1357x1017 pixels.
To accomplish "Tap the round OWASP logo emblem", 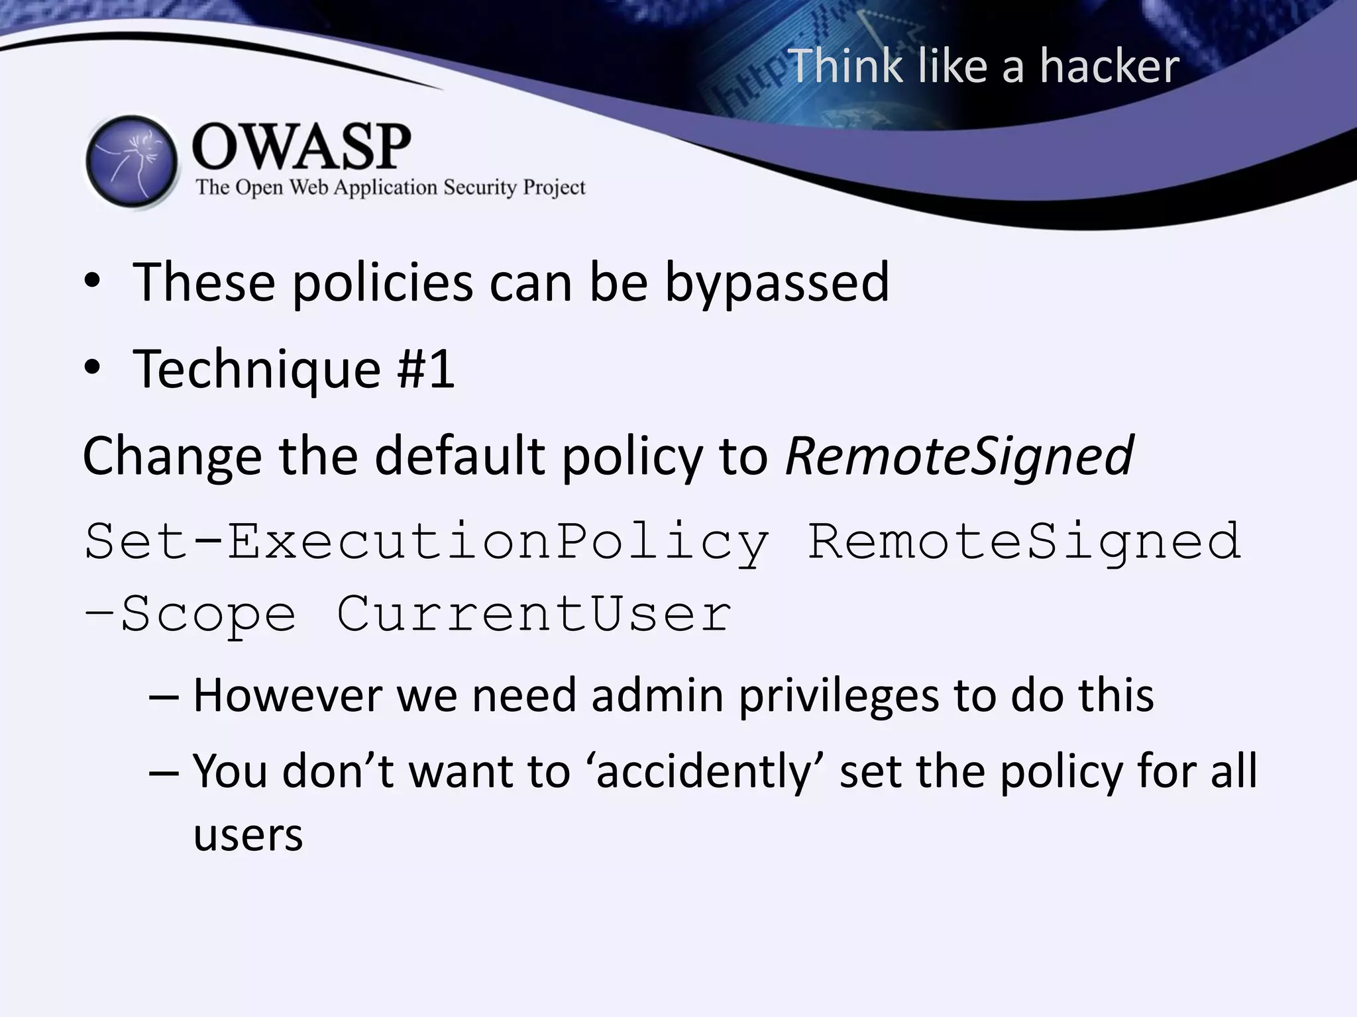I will [x=132, y=161].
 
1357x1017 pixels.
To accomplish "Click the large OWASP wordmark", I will [x=301, y=146].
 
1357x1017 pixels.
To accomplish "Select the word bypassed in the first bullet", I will [x=777, y=283].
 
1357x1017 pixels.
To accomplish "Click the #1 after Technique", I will [x=425, y=369].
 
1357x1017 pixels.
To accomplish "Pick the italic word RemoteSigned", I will [x=959, y=456].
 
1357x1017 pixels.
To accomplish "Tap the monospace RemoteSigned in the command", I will [x=1024, y=542].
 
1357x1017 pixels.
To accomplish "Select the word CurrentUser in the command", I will [x=534, y=614].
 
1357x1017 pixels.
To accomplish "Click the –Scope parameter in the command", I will [x=190, y=614].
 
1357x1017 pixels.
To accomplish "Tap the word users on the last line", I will [x=248, y=836].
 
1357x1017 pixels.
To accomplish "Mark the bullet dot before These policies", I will [x=92, y=282].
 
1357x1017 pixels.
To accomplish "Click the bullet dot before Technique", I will [x=92, y=368].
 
